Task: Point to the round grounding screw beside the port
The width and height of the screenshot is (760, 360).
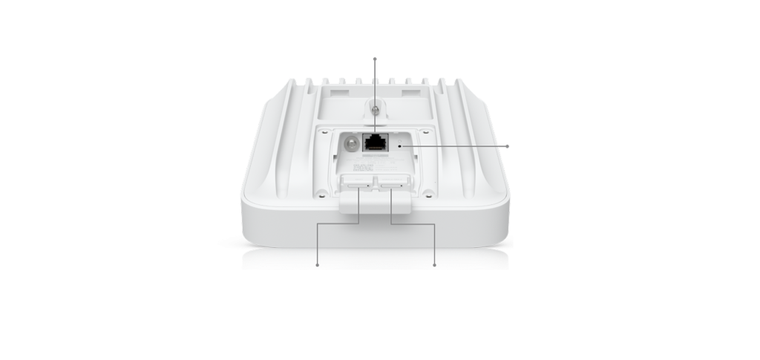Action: pyautogui.click(x=347, y=141)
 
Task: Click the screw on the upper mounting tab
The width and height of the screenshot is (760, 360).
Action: pyautogui.click(x=375, y=109)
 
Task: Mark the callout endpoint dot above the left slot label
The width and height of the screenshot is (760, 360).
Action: pyautogui.click(x=318, y=264)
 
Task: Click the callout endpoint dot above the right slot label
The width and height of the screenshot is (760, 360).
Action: pyautogui.click(x=434, y=264)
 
